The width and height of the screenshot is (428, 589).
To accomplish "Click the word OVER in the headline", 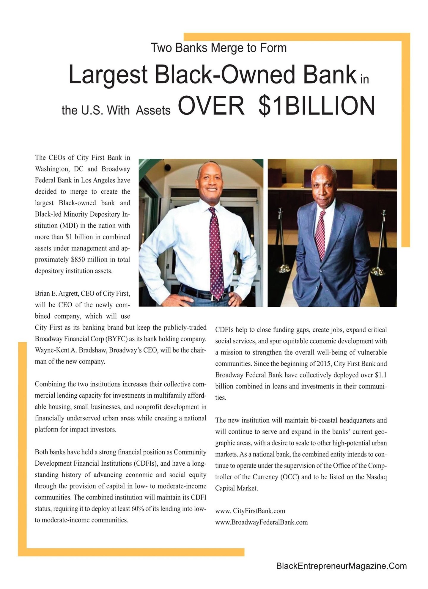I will pyautogui.click(x=211, y=106).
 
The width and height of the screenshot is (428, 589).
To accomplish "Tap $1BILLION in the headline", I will pyautogui.click(x=316, y=106).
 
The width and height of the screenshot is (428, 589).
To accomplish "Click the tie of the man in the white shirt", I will pyautogui.click(x=216, y=253).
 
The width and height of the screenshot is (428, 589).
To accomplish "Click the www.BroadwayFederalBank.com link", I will pyautogui.click(x=261, y=522).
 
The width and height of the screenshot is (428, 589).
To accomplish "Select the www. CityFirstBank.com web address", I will pyautogui.click(x=250, y=511).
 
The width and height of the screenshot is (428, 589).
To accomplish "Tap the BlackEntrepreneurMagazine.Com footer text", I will pyautogui.click(x=341, y=566).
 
